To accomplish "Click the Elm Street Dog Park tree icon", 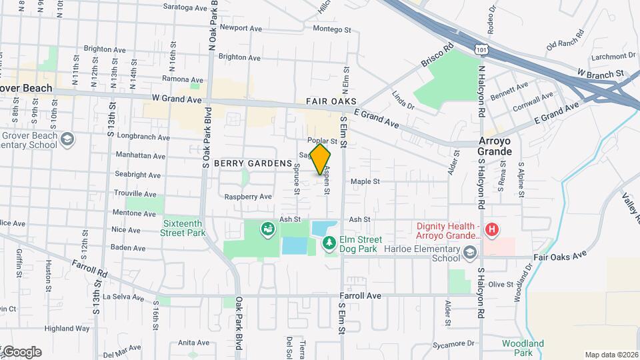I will (329, 245).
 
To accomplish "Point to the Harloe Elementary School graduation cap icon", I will (471, 252).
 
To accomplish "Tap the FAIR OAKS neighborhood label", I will (328, 101).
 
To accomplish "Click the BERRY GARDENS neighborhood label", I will (253, 163).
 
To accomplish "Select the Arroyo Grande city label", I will (495, 146).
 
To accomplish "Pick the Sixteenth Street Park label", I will (183, 228).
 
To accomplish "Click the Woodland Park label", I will (523, 347).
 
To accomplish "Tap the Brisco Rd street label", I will (437, 56).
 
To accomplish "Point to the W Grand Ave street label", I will (177, 99).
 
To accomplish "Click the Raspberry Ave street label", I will (248, 197).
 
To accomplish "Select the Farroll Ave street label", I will (360, 295).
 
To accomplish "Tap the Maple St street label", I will (365, 181).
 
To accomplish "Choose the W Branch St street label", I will (600, 73).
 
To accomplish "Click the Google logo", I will (22, 352).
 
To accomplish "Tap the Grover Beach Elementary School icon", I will (67, 139).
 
